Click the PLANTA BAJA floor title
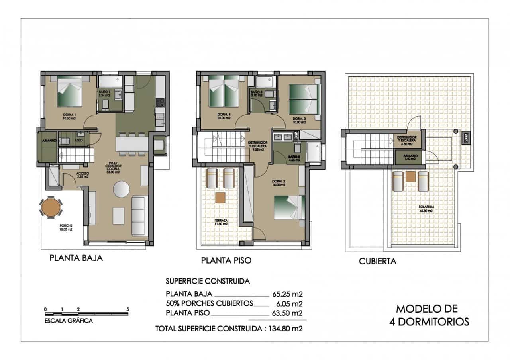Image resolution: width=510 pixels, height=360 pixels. tap(76, 258)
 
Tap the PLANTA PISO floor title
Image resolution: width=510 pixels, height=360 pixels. tap(226, 261)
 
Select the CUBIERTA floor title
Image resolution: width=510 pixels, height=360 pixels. tap(377, 262)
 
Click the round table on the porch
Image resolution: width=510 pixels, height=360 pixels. tap(51, 207)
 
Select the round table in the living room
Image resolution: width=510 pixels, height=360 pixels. tap(121, 189)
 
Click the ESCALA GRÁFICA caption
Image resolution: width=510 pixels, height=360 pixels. tap(69, 321)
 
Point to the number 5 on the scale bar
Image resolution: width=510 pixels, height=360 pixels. tap(127, 309)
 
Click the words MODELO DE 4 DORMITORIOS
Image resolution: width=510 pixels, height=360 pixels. tap(429, 315)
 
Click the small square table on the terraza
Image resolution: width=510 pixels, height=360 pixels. tap(220, 198)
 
